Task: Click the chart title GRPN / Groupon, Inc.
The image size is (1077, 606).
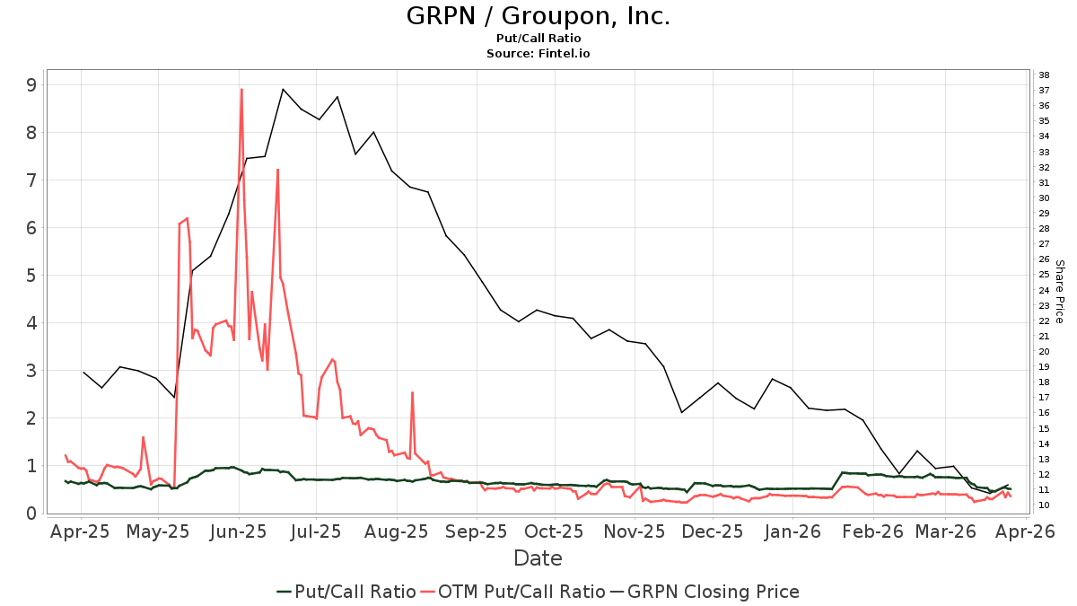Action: (x=538, y=16)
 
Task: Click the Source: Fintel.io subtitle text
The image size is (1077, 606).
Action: (x=538, y=54)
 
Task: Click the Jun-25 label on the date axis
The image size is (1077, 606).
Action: (x=239, y=531)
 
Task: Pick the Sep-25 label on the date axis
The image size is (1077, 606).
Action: (x=476, y=531)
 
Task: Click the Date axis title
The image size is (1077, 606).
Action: (x=538, y=558)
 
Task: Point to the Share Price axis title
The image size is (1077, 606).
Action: (x=1059, y=292)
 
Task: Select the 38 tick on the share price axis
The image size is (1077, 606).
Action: (x=1044, y=75)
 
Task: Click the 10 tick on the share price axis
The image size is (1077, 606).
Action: (x=1044, y=505)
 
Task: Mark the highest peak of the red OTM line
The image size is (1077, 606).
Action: (x=241, y=89)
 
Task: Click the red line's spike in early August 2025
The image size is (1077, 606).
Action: (x=412, y=392)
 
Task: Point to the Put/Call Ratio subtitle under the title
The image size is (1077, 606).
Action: (x=538, y=39)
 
